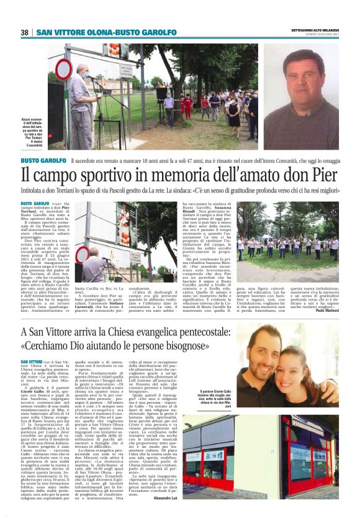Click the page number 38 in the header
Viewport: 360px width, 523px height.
click(24, 32)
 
